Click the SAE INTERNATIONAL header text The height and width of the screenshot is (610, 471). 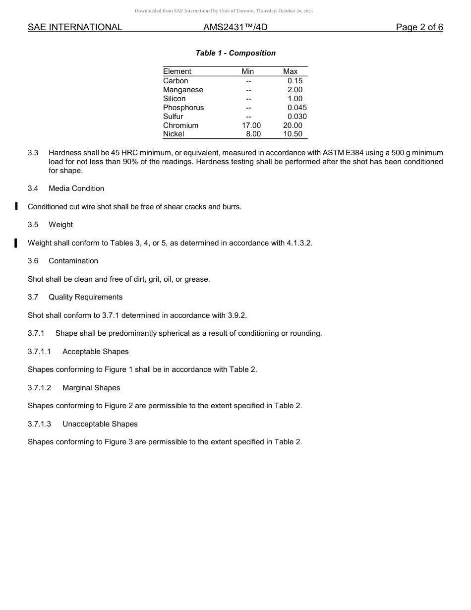(75, 27)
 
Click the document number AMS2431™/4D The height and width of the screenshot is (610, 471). (235, 27)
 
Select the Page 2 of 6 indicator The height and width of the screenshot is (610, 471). (419, 27)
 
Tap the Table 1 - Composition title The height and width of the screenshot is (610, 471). (235, 53)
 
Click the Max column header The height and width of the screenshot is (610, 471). (290, 71)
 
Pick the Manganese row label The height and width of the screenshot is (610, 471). (183, 90)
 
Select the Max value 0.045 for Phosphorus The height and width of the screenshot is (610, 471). (297, 108)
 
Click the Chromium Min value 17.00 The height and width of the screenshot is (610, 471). (251, 125)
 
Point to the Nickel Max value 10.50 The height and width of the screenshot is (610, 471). (293, 134)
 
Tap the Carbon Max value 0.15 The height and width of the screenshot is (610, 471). (294, 81)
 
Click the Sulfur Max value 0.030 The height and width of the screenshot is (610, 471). (297, 117)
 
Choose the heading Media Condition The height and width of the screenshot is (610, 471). (76, 188)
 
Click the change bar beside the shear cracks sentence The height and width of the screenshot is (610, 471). (16, 206)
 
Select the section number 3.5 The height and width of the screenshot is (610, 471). (33, 225)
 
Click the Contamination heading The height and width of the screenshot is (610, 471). (73, 261)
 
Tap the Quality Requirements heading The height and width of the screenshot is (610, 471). (85, 297)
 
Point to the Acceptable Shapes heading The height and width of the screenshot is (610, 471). (95, 352)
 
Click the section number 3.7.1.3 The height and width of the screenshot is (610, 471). (39, 424)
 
